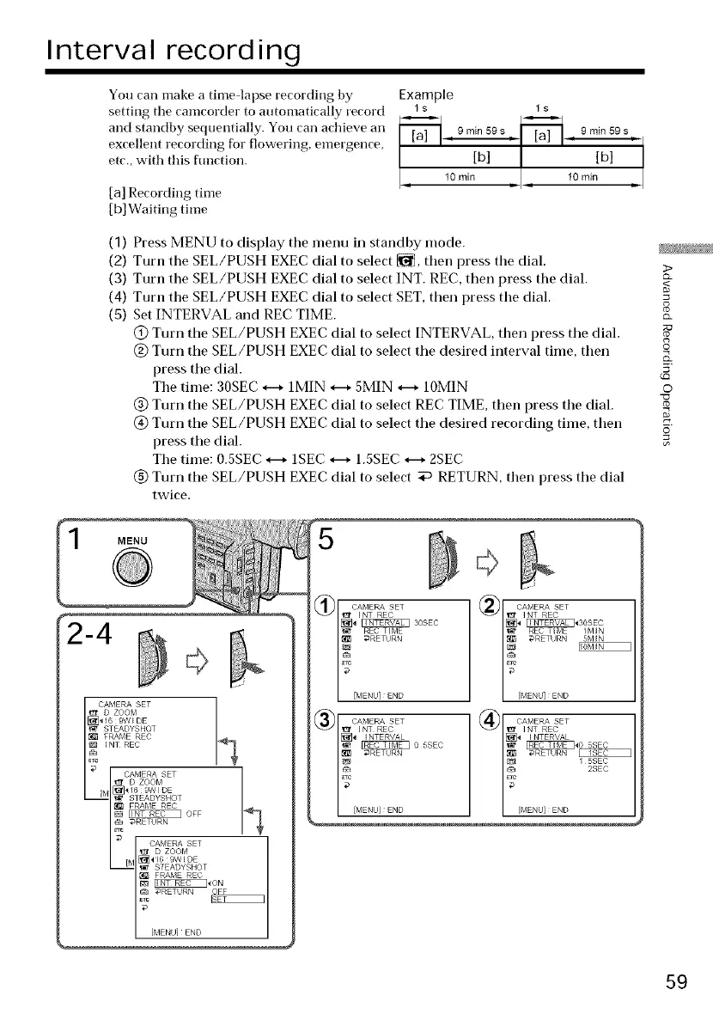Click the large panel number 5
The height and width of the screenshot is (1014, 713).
pyautogui.click(x=326, y=543)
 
